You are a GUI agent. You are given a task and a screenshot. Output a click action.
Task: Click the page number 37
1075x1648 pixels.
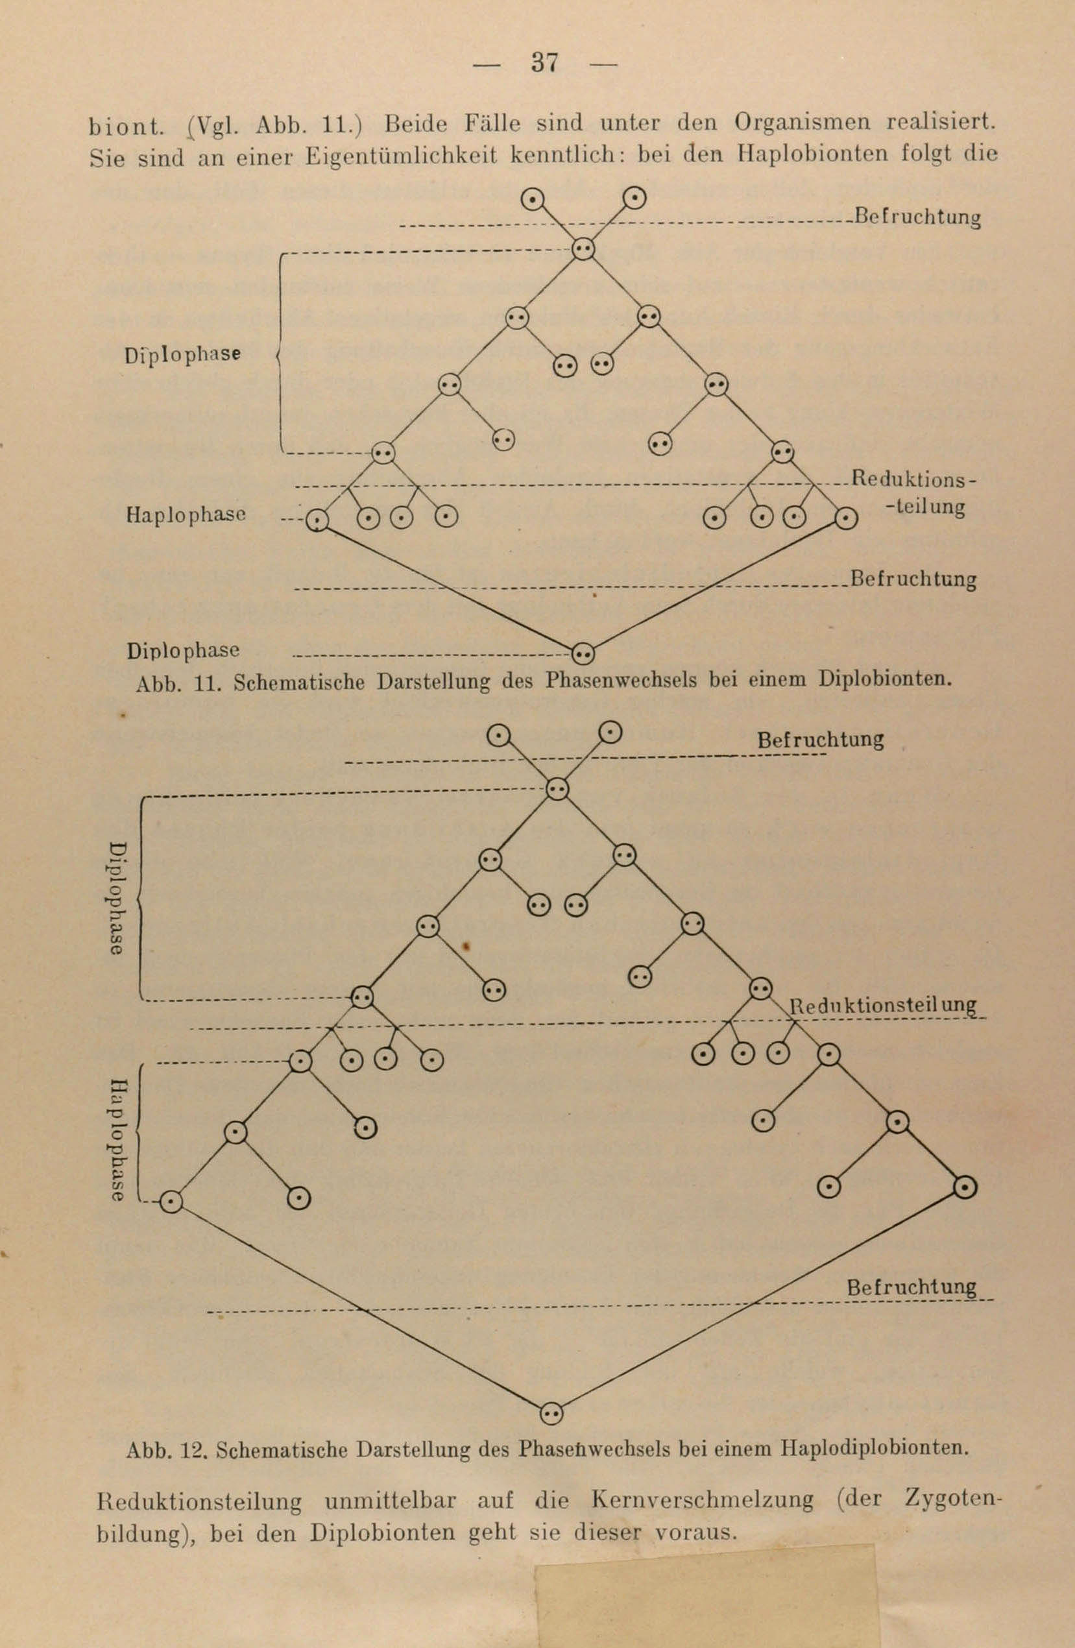click(544, 63)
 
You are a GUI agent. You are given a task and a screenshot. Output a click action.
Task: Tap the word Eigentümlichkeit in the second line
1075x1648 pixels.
click(402, 155)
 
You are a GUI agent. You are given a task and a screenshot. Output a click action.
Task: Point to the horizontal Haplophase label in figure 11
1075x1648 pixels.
click(187, 515)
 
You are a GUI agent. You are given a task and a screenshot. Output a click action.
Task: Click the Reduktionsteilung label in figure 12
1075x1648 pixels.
click(884, 1006)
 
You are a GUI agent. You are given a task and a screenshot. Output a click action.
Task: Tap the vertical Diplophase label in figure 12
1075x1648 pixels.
click(117, 898)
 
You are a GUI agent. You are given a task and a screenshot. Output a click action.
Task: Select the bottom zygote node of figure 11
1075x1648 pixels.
click(583, 651)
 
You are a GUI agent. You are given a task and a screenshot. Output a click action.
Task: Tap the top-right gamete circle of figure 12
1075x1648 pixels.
click(610, 731)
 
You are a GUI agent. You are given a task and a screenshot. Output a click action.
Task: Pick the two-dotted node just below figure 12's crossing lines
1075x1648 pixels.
click(558, 789)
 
